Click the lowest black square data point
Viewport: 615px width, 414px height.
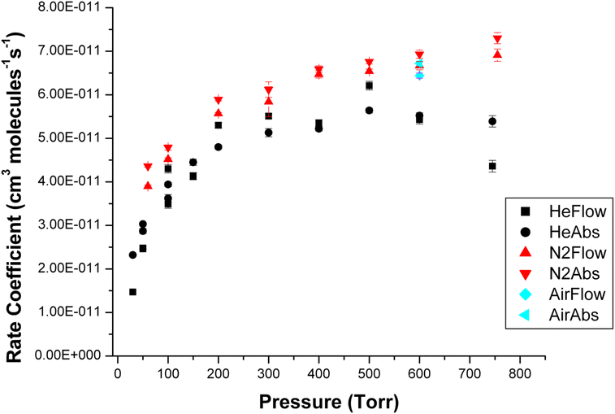pos(132,291)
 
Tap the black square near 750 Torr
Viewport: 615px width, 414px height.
pos(492,166)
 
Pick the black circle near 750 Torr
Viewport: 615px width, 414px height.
pos(492,121)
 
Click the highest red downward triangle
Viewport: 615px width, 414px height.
pos(497,38)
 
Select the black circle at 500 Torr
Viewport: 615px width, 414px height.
pos(369,110)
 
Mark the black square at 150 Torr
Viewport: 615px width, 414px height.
pos(193,176)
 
